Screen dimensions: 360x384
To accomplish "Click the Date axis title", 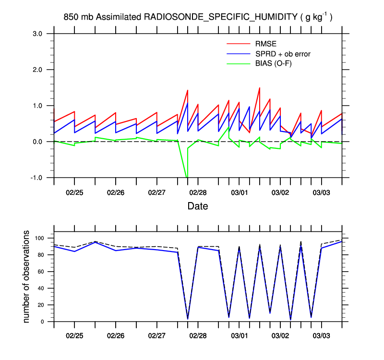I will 198,206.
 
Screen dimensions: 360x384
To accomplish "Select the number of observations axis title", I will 27,277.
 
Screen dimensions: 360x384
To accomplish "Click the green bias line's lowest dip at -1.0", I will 187,177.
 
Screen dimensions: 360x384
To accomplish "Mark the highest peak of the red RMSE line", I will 260,88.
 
